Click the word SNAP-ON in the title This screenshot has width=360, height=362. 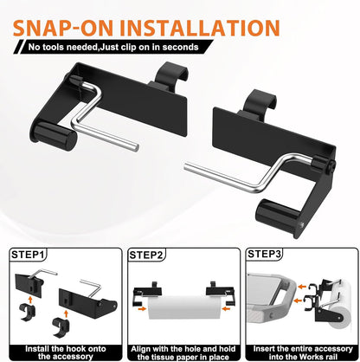tap(63, 28)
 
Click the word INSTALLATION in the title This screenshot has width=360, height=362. tap(200, 28)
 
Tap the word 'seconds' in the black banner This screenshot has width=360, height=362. tap(180, 47)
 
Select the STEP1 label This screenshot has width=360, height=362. tap(28, 255)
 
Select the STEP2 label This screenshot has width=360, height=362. tap(146, 255)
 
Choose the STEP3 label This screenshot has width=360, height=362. tap(264, 254)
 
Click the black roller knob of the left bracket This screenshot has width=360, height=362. tap(54, 136)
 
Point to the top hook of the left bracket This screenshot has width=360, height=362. tap(171, 74)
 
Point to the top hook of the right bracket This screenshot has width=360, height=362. tap(260, 102)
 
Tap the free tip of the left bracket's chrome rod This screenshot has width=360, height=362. tap(136, 146)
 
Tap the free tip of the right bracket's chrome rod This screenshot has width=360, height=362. tap(186, 167)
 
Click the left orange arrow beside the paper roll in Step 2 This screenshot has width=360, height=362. tap(142, 309)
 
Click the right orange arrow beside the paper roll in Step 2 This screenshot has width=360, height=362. tap(226, 309)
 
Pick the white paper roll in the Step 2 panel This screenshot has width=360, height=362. tap(184, 307)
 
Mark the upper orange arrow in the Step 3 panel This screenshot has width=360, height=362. tap(302, 287)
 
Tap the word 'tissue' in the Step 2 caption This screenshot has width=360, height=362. tap(162, 357)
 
